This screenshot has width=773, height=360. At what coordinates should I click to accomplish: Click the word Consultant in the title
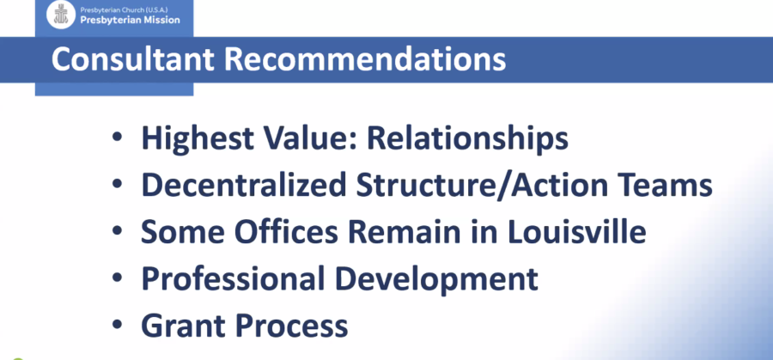point(133,59)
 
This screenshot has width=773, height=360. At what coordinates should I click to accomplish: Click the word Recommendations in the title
point(365,59)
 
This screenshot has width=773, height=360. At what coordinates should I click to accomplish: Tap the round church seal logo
point(61,15)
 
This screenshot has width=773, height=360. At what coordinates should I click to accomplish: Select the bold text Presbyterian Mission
point(131,21)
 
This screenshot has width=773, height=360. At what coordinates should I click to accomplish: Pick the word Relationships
point(467,139)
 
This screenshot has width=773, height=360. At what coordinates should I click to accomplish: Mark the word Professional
point(233,279)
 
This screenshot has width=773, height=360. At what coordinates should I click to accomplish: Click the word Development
point(436,279)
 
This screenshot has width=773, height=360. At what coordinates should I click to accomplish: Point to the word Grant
point(183,326)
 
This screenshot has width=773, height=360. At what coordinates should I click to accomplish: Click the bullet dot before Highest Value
point(117,137)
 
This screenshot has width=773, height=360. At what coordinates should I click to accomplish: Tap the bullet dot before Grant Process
point(117,324)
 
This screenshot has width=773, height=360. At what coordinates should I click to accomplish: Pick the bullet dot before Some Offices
point(117,230)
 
